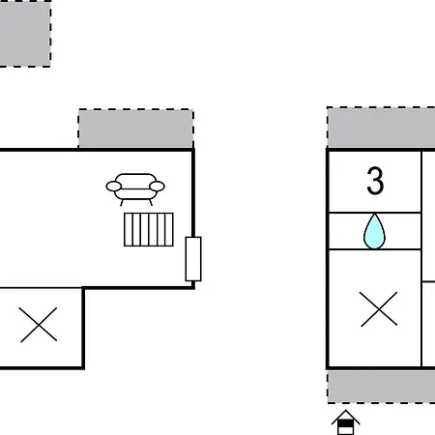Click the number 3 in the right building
[375, 181]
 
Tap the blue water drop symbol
[374, 231]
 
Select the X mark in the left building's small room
[39, 325]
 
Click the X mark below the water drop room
[379, 309]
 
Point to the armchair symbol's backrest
[135, 179]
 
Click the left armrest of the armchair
[114, 187]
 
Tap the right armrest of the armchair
[158, 187]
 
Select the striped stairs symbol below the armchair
[149, 229]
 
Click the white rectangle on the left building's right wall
[193, 259]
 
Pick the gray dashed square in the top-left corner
[25, 34]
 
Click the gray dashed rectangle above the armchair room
[136, 129]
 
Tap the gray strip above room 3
[381, 128]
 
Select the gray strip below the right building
[381, 387]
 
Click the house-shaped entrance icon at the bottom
[346, 422]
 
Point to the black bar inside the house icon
[345, 423]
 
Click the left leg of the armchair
[122, 203]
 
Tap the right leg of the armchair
[151, 203]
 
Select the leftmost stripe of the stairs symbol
[129, 229]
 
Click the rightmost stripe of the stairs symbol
[169, 229]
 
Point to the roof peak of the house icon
[346, 410]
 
